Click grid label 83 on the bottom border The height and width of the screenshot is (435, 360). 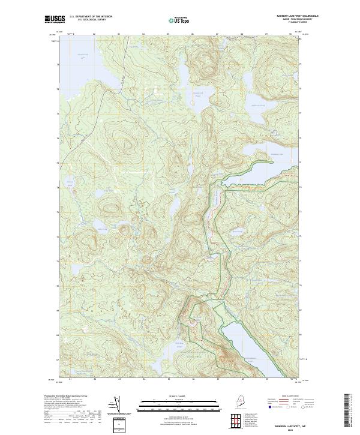(x=119, y=380)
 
